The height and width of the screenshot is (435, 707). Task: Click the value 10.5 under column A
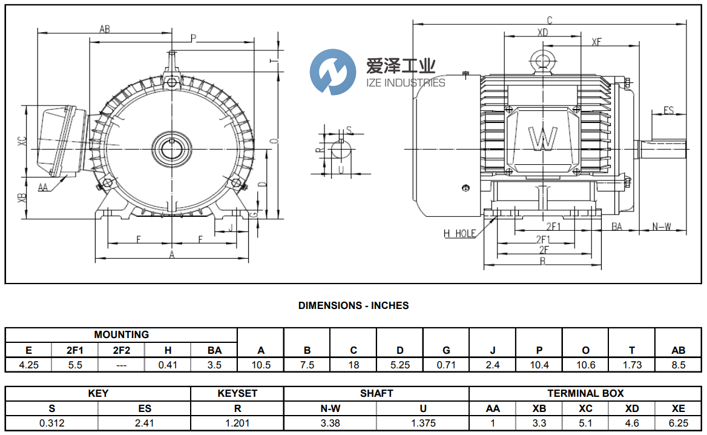(261, 365)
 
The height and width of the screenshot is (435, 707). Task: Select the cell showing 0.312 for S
(51, 423)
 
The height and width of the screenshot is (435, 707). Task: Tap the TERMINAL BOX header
(585, 393)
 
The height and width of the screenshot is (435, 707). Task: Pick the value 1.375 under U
(423, 423)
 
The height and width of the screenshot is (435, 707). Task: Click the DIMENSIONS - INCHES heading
(353, 305)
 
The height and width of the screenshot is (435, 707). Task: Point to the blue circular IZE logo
(332, 73)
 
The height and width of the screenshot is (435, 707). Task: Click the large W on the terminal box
(542, 139)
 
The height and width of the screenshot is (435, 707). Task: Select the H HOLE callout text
(459, 233)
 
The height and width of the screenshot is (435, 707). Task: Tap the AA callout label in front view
(43, 187)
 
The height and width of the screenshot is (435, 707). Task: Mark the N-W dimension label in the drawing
(662, 227)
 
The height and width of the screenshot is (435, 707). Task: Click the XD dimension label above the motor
(542, 32)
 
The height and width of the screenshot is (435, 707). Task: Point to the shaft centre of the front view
(173, 147)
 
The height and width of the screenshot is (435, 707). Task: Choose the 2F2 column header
(121, 350)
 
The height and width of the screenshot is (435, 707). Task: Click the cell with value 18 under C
(353, 365)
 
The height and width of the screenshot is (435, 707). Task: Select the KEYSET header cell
(237, 393)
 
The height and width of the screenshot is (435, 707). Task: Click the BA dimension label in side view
(617, 227)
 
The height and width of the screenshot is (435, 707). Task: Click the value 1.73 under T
(632, 365)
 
